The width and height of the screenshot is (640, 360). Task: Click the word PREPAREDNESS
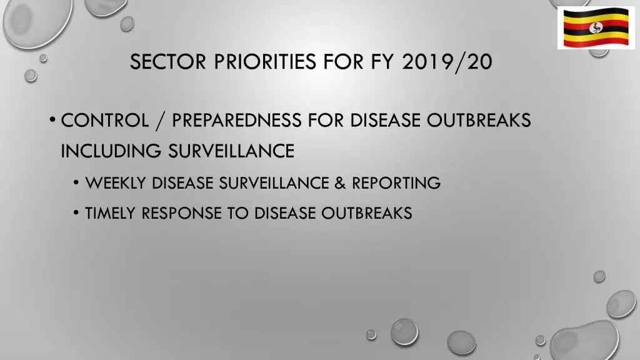pos(237,120)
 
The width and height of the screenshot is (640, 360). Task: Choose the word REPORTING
pos(396,183)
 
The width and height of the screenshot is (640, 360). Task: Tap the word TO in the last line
pos(236,213)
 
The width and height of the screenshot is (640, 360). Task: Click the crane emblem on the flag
pos(596,28)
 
